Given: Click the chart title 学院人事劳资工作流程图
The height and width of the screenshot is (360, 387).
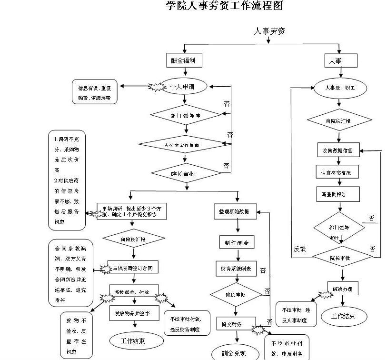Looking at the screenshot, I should [x=224, y=6].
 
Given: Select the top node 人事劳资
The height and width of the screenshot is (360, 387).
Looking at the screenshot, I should [x=269, y=31].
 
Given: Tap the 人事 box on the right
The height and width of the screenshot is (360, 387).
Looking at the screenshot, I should [x=340, y=61].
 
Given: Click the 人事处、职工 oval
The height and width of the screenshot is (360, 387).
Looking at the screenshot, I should [x=340, y=88].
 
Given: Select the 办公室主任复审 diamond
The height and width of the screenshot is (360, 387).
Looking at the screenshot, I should [x=182, y=144].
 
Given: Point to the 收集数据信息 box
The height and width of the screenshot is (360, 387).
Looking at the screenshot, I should [x=338, y=150].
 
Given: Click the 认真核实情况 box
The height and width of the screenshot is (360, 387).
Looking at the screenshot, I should [x=337, y=172].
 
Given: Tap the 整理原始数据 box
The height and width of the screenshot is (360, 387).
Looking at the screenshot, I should [x=235, y=211].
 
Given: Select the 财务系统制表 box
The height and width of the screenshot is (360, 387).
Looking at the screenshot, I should [x=236, y=268].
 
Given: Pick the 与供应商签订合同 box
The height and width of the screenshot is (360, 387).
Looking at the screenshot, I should [x=133, y=269].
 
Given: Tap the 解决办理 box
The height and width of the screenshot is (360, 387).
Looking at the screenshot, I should [x=343, y=288].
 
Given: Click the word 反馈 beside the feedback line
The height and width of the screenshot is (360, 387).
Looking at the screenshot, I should [x=300, y=249].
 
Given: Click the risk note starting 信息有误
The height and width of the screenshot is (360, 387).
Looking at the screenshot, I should [x=94, y=93].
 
